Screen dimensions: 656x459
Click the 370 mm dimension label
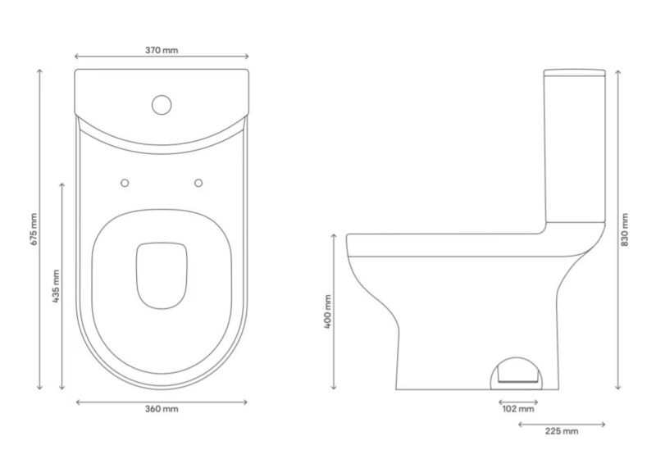tap(162, 50)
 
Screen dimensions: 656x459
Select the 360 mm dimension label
tap(162, 409)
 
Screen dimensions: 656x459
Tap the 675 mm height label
tap(34, 229)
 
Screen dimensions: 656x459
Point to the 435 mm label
tap(57, 286)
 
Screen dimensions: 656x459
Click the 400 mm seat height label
tap(327, 311)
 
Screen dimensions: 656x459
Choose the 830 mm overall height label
tap(625, 229)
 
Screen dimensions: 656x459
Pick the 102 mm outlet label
tap(518, 409)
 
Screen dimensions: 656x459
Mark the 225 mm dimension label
tap(562, 431)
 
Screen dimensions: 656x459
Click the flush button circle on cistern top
tap(162, 96)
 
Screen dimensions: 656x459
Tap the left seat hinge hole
tap(125, 183)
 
